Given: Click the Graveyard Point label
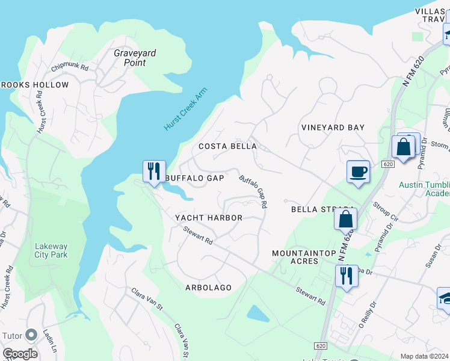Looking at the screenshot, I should point(135,58).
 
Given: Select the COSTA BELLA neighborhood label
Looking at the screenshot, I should point(227,146).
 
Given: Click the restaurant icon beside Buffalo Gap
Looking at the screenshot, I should point(154,171).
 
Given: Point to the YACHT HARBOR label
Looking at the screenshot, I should point(208,218).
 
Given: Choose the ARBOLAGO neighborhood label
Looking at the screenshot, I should point(208,288).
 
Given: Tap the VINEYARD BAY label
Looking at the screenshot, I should point(333,128).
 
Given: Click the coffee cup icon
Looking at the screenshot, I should point(359,172).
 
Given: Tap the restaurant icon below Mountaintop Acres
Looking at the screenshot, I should point(347,276).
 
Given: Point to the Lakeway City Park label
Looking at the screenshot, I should point(51,250).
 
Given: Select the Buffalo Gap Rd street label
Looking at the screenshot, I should point(253,192).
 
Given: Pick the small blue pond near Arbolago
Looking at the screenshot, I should point(258,313).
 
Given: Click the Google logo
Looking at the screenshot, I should point(20,354).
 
